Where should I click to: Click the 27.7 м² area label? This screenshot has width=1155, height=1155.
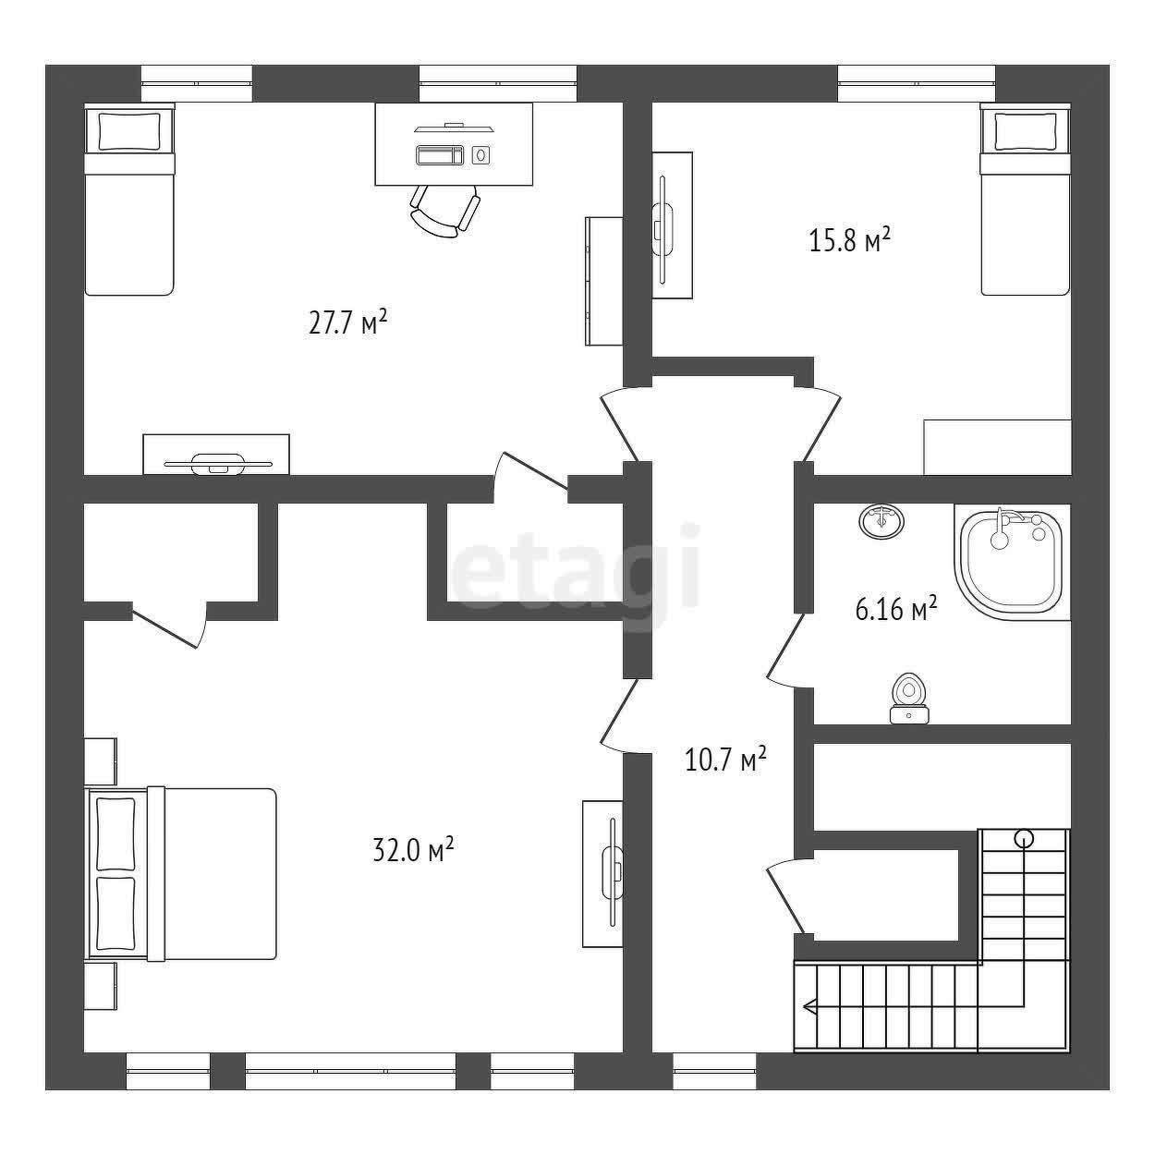(347, 322)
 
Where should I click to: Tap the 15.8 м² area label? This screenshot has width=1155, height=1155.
(849, 240)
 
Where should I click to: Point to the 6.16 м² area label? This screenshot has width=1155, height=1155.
(896, 610)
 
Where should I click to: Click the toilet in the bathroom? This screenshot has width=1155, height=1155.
(909, 699)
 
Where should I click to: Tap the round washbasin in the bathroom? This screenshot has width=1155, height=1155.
(881, 521)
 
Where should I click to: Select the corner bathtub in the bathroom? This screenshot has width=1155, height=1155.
(1012, 561)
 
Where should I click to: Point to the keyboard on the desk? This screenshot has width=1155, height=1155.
(440, 154)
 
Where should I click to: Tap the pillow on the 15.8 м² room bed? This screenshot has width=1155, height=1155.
(1025, 132)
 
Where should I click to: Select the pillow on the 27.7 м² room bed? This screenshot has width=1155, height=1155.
(129, 132)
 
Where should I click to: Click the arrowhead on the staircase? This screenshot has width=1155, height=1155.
(809, 1006)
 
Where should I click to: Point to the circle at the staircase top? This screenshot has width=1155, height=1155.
(1024, 838)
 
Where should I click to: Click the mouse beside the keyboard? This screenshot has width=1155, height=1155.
(480, 154)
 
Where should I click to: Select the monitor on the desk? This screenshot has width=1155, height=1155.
(454, 128)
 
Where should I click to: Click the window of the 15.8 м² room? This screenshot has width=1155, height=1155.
(917, 83)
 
